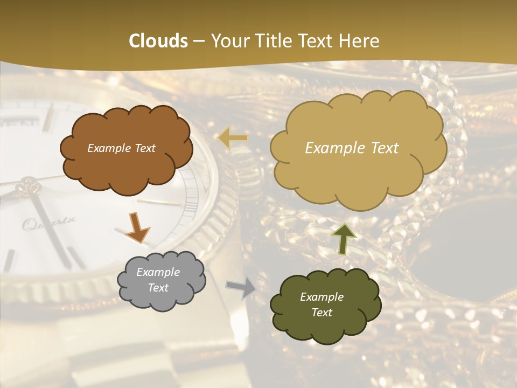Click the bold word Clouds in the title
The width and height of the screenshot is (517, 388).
tap(158, 41)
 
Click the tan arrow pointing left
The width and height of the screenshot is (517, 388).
tap(233, 138)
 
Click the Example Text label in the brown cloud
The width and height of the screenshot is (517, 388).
tap(121, 148)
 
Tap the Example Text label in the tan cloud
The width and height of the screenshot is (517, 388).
tap(352, 148)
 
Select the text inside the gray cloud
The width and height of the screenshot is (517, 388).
tap(158, 280)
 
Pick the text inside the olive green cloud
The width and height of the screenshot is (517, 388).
tap(322, 304)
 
